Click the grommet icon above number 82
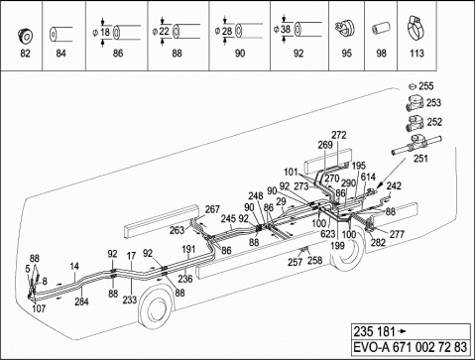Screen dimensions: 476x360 tap(25, 36)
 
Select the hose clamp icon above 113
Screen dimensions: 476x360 tap(416, 28)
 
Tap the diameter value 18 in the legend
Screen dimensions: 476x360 tap(105, 32)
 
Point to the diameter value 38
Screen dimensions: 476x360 tap(286, 29)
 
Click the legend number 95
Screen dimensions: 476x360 tap(346, 54)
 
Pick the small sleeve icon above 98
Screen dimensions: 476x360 tap(381, 29)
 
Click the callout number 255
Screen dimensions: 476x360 tap(426, 86)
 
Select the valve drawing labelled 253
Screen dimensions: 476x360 tap(415, 103)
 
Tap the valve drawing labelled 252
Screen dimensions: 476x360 tap(415, 123)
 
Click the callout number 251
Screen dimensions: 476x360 tap(420, 159)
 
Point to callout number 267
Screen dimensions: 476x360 tap(212, 209)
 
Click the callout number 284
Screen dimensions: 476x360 tap(81, 301)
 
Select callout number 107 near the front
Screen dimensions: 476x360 tap(39, 308)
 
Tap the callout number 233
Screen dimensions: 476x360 tap(130, 300)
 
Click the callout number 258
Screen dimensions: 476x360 tap(314, 260)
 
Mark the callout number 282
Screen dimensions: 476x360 tap(378, 242)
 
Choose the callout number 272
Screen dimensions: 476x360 tap(339, 135)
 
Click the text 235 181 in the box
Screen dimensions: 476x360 tap(375, 331)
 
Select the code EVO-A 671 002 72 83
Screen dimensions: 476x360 tap(411, 347)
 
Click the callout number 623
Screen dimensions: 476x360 tap(328, 234)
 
